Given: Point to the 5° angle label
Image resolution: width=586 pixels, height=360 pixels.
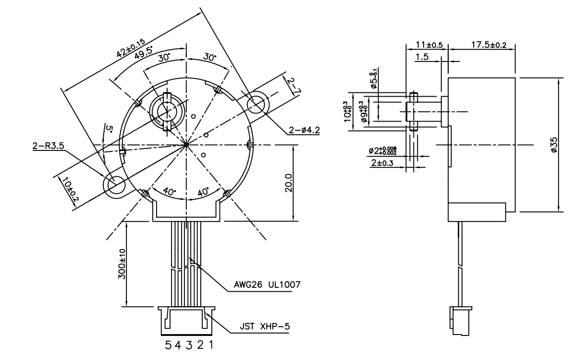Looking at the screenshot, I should click(x=109, y=130).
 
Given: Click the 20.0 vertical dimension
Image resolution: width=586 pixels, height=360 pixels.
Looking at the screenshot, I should click(x=288, y=183).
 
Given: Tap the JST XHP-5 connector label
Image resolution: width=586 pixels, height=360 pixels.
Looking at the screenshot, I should click(x=265, y=327).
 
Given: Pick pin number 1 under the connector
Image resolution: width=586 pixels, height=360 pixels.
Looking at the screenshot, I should click(x=210, y=346).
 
